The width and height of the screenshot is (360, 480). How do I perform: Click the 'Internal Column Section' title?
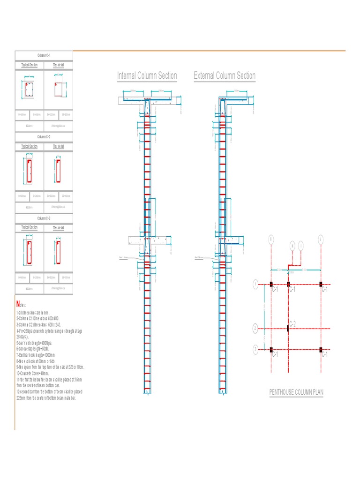[147, 76]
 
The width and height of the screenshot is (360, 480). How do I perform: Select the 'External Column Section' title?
[225, 76]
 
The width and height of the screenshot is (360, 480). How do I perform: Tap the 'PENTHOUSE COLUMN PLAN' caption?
[296, 392]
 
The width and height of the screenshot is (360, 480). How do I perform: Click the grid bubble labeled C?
[271, 240]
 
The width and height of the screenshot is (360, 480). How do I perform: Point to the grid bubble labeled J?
[321, 240]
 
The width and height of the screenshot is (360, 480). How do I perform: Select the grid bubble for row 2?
[255, 328]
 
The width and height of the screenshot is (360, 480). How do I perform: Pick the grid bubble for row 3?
[255, 349]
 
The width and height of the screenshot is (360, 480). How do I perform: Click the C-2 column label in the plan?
[292, 324]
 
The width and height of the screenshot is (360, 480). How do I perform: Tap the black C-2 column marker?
[288, 328]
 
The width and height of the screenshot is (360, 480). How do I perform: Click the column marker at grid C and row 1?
[271, 284]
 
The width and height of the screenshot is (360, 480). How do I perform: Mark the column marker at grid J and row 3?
[321, 350]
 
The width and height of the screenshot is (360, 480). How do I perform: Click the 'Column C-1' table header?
[44, 55]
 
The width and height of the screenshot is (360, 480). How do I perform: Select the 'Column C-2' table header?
[44, 137]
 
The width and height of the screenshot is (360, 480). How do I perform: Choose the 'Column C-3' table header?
[44, 218]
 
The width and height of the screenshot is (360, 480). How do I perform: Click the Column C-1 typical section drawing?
[29, 90]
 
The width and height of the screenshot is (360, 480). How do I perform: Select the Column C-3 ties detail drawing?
[58, 252]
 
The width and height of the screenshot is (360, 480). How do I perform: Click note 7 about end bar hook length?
[36, 355]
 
